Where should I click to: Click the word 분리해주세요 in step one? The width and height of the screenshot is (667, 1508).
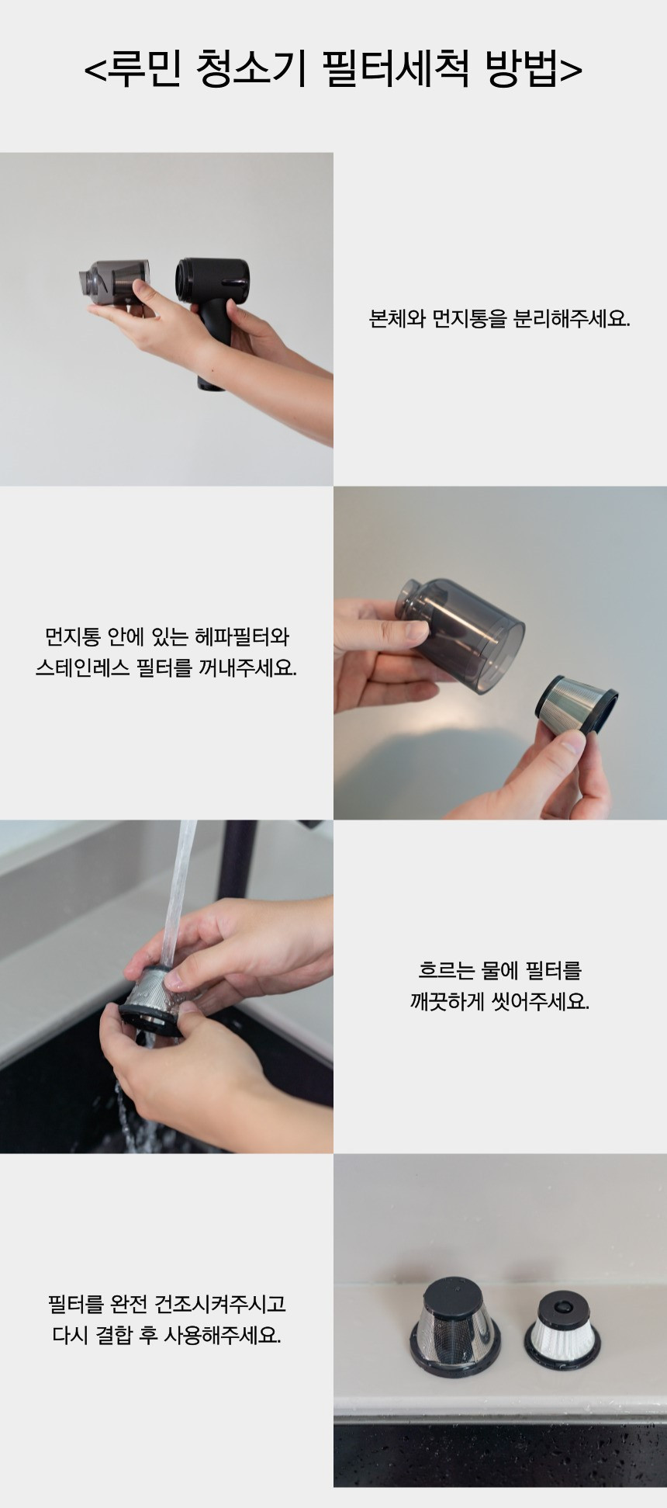(572, 319)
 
